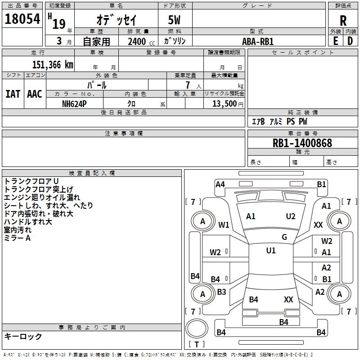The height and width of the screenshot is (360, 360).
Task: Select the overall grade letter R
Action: coord(343,20)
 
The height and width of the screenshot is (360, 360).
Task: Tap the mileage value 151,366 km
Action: coord(53,64)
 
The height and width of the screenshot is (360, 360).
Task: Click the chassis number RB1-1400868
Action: coord(302,143)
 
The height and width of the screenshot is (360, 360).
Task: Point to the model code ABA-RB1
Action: coord(258,41)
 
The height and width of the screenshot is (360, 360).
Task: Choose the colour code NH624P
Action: coord(75,103)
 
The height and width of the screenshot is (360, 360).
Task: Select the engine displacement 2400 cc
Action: coord(138,41)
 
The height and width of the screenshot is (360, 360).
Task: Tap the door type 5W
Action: coord(175,20)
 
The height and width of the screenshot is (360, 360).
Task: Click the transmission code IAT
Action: coord(13,94)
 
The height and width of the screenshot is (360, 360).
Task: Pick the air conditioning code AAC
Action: coord(34,94)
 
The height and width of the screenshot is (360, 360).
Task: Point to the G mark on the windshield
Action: coord(284,237)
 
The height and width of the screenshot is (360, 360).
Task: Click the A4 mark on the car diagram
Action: coord(220,184)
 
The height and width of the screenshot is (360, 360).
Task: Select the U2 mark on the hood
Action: coord(291,216)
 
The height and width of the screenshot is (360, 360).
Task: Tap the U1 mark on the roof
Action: coord(270,251)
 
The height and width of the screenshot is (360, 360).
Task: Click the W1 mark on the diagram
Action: coord(224,225)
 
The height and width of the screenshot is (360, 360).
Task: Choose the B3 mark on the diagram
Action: coord(221,292)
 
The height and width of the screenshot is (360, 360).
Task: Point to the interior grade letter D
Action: coord(350,41)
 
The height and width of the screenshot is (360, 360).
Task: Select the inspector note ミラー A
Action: coord(17,238)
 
